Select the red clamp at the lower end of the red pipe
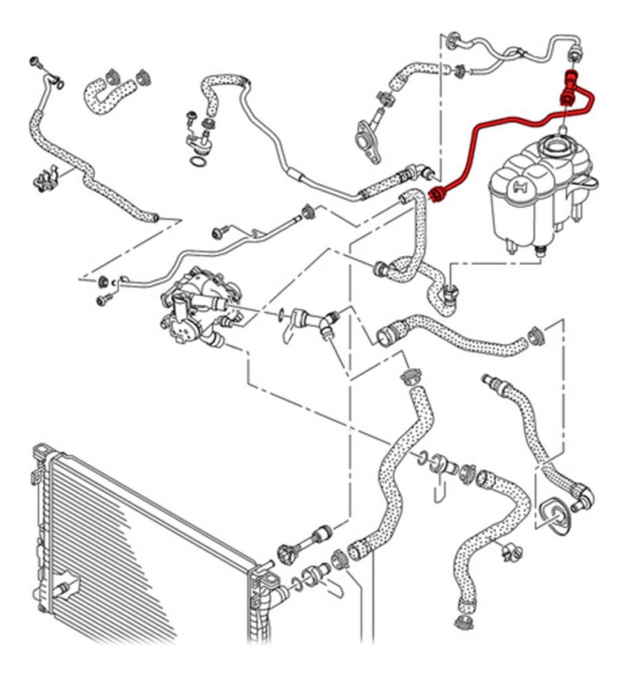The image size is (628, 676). click(437, 195)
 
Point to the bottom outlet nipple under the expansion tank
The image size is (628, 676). click(542, 252)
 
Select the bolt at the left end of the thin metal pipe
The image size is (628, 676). click(105, 300)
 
